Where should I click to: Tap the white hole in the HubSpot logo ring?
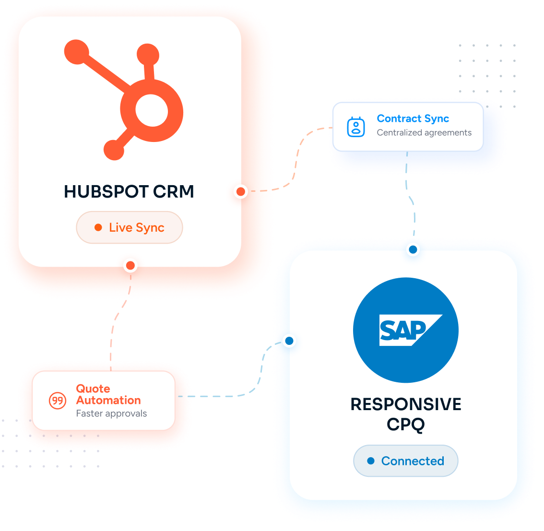tap(152, 111)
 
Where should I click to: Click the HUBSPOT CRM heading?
tap(129, 191)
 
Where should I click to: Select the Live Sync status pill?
tap(130, 227)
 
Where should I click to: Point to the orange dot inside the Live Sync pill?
tap(98, 227)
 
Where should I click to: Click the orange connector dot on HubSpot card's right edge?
tap(241, 191)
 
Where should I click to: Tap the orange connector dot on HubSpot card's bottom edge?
tap(130, 266)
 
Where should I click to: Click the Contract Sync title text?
tap(413, 119)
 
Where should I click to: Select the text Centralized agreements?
tap(424, 132)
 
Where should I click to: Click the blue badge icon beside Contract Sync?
tap(356, 127)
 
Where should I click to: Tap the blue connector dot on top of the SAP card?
tap(413, 249)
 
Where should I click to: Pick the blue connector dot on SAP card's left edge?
tap(289, 341)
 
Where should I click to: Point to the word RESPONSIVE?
tap(406, 404)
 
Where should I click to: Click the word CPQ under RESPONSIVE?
tap(406, 425)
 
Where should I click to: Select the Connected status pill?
tap(405, 461)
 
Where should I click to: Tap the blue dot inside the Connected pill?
tap(371, 461)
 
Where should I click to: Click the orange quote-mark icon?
tap(58, 401)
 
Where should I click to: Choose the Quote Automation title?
tap(108, 394)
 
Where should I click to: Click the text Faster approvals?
tap(111, 413)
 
